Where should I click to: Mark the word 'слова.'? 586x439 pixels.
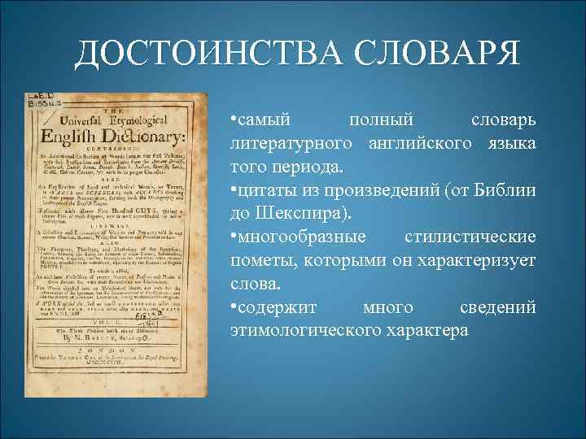(256, 285)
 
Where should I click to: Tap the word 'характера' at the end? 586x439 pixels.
(427, 332)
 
